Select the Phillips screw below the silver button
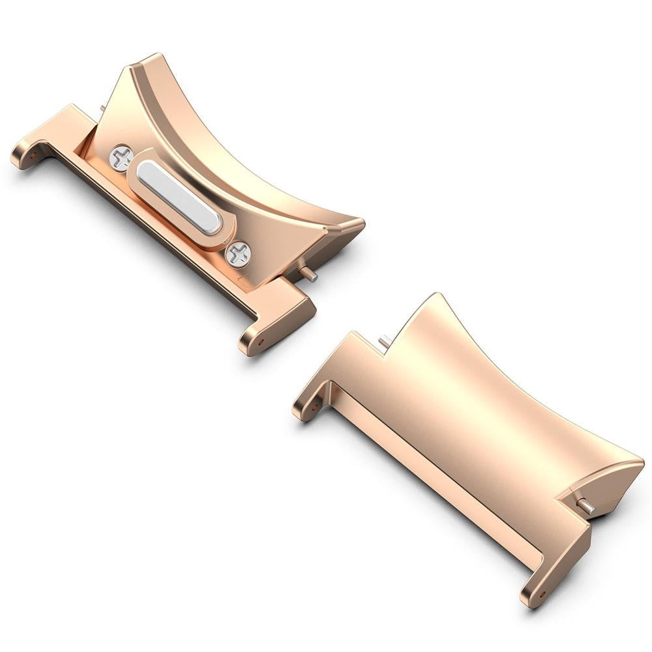click(x=238, y=254)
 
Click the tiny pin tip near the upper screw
click(x=103, y=108)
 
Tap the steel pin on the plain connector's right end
click(x=585, y=505)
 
